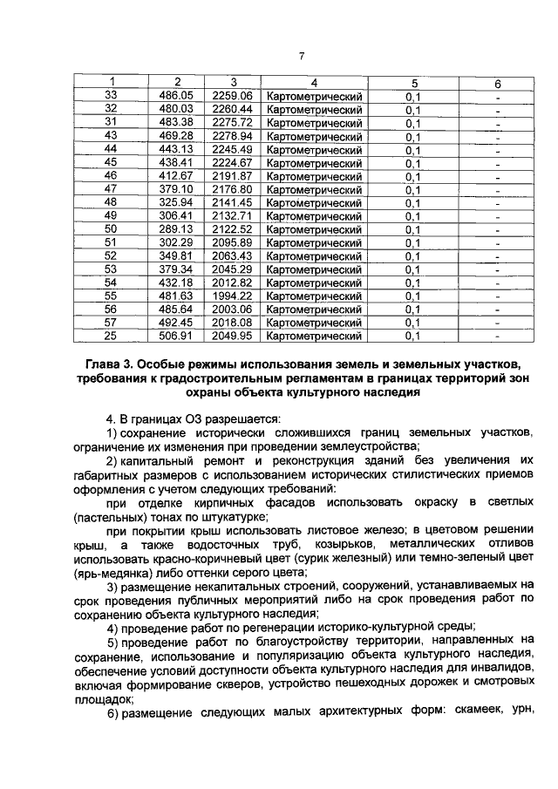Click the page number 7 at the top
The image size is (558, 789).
click(x=299, y=57)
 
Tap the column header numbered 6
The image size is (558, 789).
click(x=496, y=83)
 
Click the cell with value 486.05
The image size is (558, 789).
click(x=177, y=96)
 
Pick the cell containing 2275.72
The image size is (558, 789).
click(x=233, y=123)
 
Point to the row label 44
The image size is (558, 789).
click(x=111, y=150)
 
